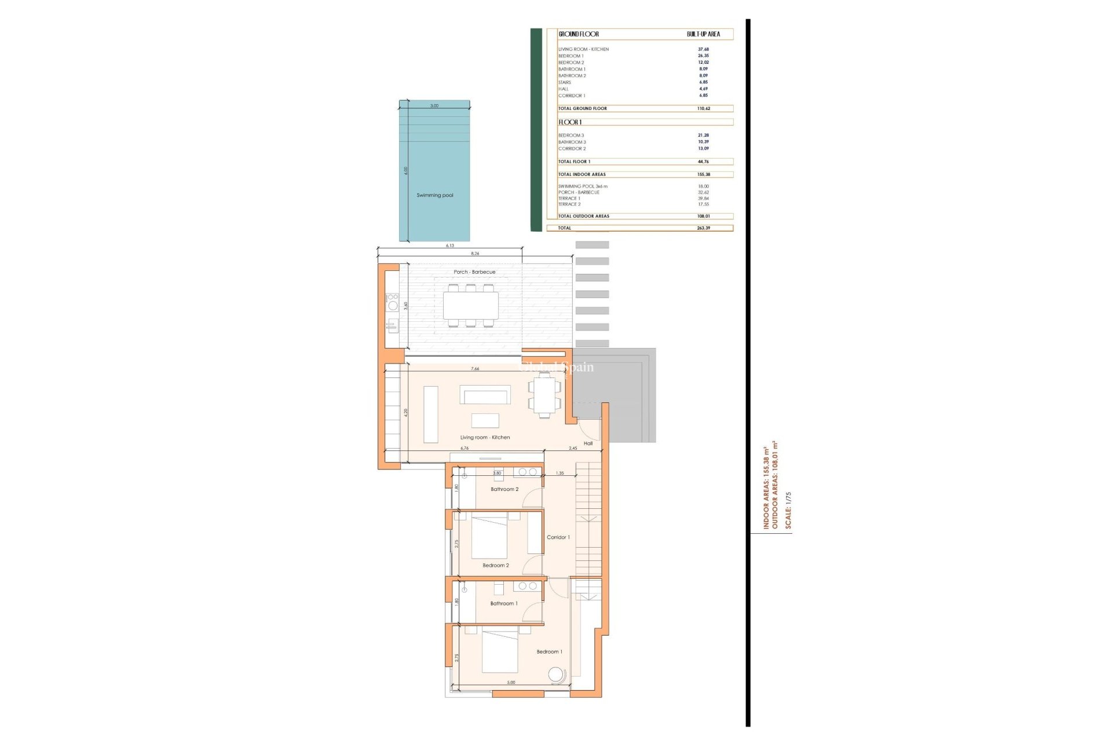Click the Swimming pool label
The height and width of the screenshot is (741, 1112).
[435, 195]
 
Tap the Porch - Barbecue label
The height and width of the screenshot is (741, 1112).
[474, 272]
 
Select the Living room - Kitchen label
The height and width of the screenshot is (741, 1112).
[485, 438]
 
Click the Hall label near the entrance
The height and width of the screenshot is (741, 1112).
[588, 443]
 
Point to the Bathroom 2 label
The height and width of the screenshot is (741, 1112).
[504, 489]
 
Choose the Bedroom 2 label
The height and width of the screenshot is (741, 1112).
[496, 566]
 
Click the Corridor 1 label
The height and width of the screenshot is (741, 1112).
[558, 537]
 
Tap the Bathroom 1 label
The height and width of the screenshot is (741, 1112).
[504, 603]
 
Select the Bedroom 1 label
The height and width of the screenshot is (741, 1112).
[549, 652]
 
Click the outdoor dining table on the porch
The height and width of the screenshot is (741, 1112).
[470, 306]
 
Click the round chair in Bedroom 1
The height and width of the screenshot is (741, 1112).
[556, 675]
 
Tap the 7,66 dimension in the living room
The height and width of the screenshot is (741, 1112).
[475, 369]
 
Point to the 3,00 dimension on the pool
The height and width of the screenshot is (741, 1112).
[434, 106]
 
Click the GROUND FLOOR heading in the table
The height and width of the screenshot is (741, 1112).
[579, 34]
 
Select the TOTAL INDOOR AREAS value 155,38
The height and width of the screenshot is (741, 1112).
[704, 174]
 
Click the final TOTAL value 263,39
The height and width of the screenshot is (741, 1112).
[704, 228]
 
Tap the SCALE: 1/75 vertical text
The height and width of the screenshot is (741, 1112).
[788, 510]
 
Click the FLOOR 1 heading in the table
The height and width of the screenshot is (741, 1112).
[570, 122]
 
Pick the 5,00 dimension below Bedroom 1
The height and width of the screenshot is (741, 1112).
[511, 683]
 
